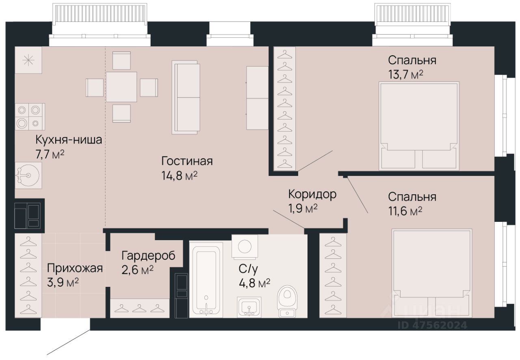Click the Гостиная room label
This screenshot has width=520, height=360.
tap(187, 161)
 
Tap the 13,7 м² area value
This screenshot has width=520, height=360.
tap(405, 75)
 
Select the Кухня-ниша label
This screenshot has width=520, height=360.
tap(69, 140)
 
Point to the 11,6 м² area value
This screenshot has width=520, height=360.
tap(405, 211)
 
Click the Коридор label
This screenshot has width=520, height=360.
tap(312, 194)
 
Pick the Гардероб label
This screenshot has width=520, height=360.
tap(148, 256)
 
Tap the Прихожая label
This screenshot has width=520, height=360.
tap(75, 268)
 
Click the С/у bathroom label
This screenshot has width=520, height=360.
tap(248, 269)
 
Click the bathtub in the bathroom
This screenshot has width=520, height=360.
tap(206, 280)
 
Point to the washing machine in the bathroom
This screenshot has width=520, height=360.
tap(245, 247)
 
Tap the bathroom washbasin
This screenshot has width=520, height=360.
tap(249, 307)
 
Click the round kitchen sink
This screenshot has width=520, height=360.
tap(28, 175)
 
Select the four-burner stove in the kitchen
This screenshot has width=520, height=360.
tap(30, 117)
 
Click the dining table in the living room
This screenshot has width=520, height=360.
tap(121, 87)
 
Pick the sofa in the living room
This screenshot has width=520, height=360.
tap(186, 98)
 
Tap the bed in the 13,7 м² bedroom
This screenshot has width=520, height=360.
tap(419, 126)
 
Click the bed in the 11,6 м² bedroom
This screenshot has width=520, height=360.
tap(432, 273)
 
